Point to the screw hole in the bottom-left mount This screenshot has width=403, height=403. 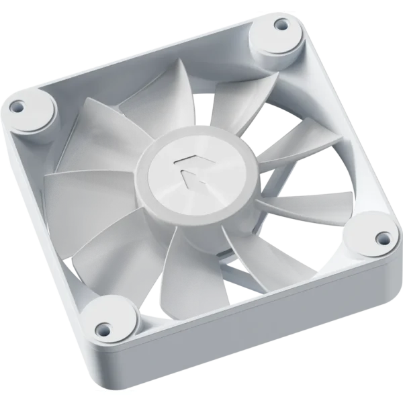tap(102, 329)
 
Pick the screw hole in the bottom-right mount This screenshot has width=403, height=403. tap(382, 236)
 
